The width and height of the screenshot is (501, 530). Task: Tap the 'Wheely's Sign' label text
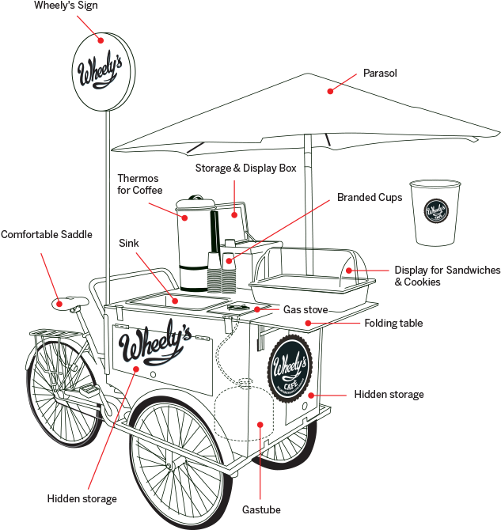click(x=66, y=6)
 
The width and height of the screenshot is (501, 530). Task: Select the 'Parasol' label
click(x=380, y=73)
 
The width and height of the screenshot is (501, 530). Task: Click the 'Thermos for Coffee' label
click(x=140, y=184)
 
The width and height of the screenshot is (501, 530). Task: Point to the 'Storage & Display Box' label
click(x=245, y=168)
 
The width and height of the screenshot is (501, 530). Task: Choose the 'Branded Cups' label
click(x=370, y=197)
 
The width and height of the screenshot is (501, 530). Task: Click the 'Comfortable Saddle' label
click(x=46, y=235)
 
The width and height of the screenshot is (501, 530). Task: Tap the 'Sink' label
click(x=129, y=243)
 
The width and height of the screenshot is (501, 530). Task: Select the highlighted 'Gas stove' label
click(x=305, y=309)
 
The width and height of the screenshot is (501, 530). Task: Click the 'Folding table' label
click(x=393, y=323)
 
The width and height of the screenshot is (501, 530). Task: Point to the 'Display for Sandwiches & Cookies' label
click(x=447, y=276)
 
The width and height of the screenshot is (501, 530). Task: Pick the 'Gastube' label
click(x=261, y=510)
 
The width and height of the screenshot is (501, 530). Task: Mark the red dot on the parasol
click(x=331, y=92)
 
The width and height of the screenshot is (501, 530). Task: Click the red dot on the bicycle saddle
click(x=59, y=302)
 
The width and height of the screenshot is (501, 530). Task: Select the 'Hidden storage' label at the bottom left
click(x=82, y=498)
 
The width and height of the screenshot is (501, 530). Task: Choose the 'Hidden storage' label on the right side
click(x=389, y=394)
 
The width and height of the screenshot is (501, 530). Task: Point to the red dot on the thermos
click(x=185, y=217)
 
